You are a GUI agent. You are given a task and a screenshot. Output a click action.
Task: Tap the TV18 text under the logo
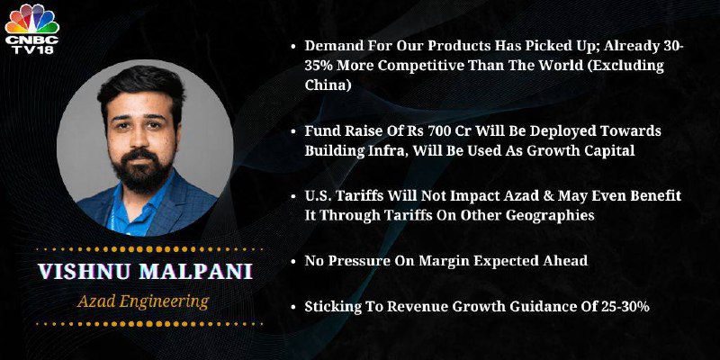(x=32, y=49)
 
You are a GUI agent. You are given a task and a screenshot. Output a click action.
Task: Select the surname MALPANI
(x=196, y=272)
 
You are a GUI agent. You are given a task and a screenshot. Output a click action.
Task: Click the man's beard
(x=142, y=172)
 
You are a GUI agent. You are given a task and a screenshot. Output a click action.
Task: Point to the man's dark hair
(x=140, y=87)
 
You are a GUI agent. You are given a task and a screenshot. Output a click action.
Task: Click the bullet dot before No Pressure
(x=293, y=262)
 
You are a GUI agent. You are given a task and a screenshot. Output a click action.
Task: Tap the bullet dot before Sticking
(x=293, y=307)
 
